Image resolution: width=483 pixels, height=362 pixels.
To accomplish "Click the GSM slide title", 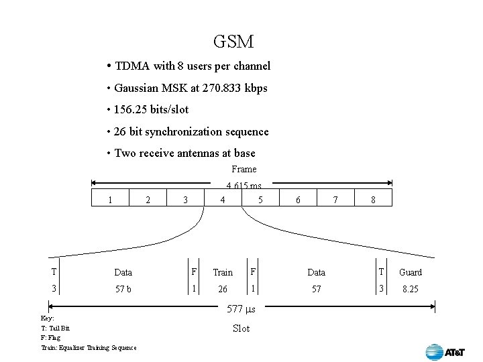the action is tap(233, 42).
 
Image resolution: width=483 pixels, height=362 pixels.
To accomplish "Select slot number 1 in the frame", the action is tap(110, 199).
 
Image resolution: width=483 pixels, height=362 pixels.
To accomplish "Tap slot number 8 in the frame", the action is tap(373, 199).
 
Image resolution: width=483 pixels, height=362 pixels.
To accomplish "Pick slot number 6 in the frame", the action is tap(298, 199).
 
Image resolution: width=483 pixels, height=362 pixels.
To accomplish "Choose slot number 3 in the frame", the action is tap(185, 199).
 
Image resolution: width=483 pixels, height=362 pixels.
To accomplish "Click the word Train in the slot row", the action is tap(223, 272).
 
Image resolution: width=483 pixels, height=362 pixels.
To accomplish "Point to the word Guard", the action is tap(411, 272).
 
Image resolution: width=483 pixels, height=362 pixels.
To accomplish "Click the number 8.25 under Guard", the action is tap(410, 290).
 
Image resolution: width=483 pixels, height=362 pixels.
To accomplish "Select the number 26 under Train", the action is tap(222, 290).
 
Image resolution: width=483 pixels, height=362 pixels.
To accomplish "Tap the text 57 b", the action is tap(123, 290).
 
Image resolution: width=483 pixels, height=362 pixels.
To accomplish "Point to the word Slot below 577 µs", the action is tap(241, 328).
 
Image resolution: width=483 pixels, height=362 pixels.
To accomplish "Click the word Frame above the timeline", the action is tap(244, 169).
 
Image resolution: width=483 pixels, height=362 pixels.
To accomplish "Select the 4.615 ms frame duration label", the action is tap(244, 186).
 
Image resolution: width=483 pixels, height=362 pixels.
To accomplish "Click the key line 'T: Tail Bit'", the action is tap(55, 328).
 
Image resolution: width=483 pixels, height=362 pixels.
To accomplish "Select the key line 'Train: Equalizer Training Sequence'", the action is tap(89, 347).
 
